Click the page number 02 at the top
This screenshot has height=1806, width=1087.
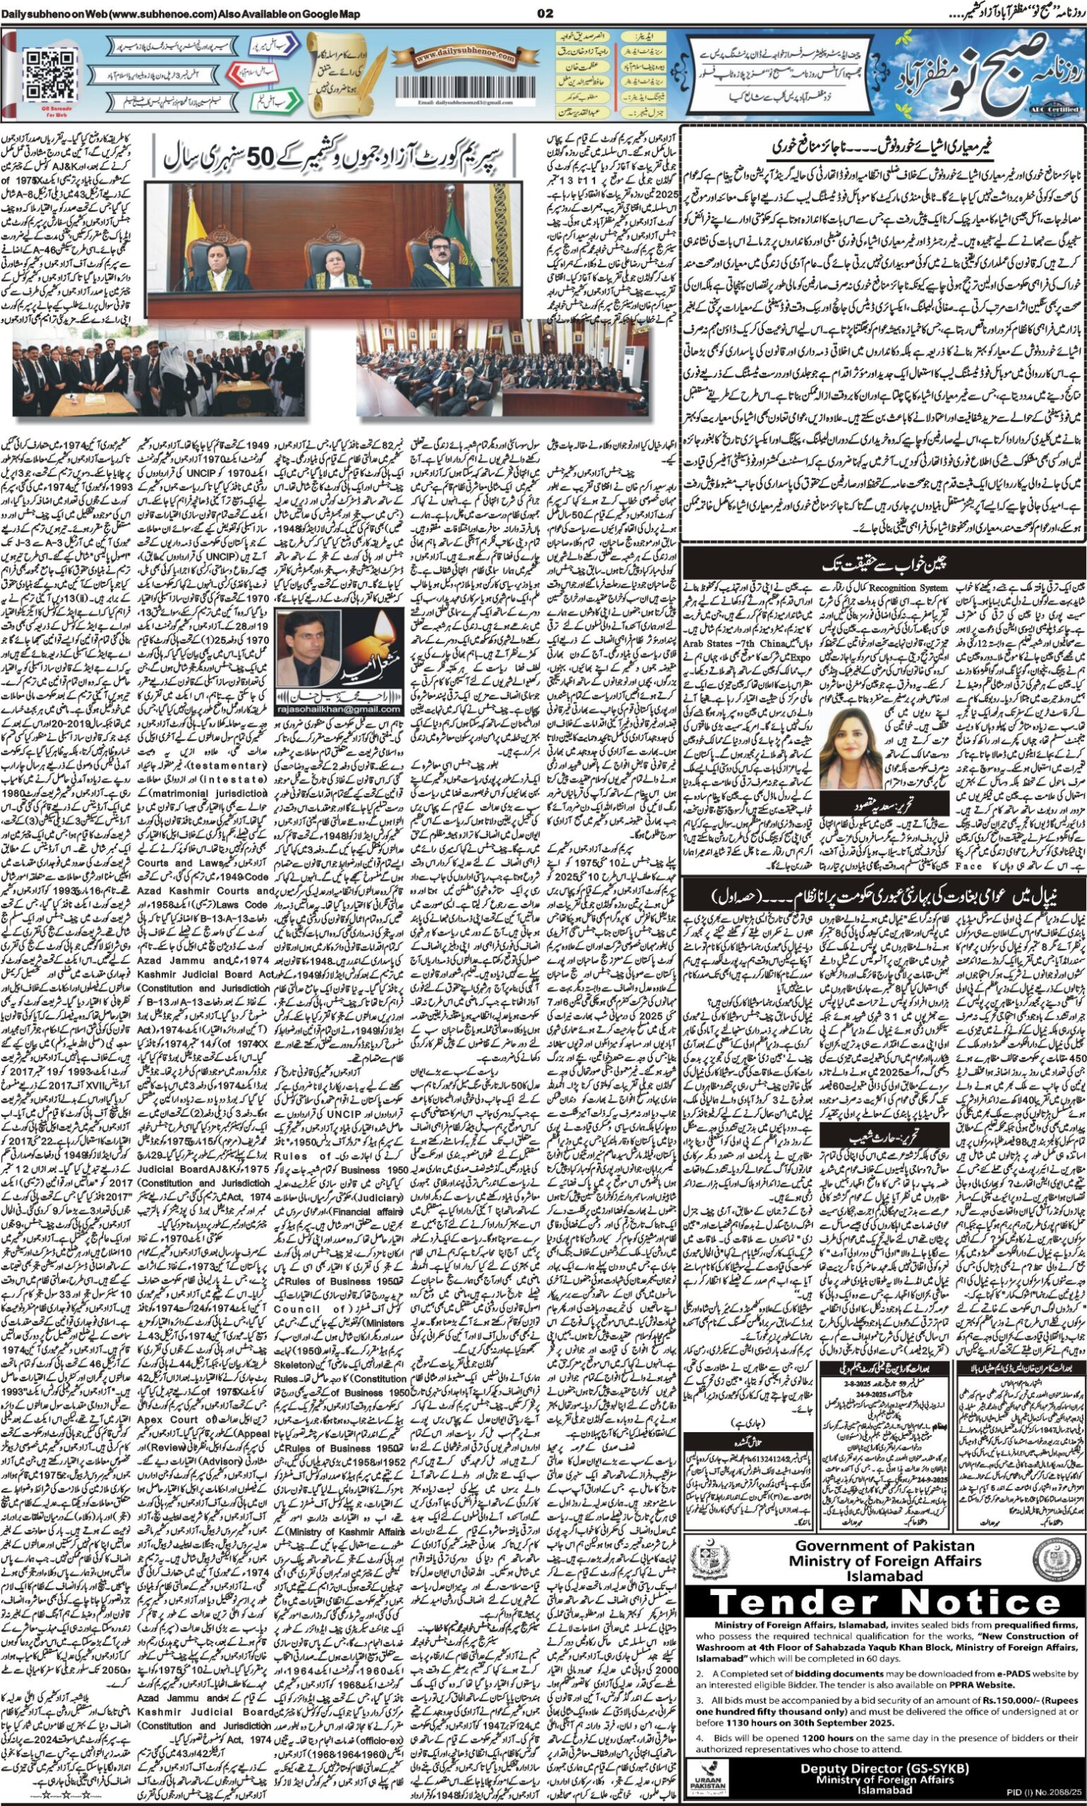tap(544, 13)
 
